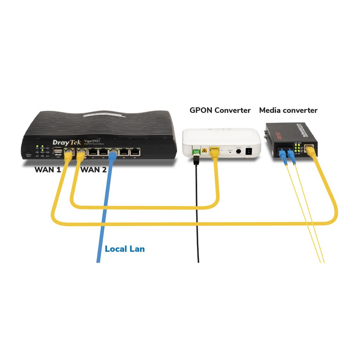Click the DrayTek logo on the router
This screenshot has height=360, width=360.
coord(66,142)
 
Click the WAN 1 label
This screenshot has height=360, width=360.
coord(47,170)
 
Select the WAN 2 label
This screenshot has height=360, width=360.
coord(94,170)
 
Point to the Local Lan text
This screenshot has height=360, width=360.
coord(125,249)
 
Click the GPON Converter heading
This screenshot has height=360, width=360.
coord(220,110)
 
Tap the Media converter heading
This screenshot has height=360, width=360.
coord(288,110)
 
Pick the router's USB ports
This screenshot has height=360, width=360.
coord(58,152)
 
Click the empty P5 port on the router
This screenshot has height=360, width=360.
coord(135,152)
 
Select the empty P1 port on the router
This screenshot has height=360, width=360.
coord(93,152)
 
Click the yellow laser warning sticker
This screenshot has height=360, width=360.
coord(204,150)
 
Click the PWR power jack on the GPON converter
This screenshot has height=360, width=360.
coord(249,151)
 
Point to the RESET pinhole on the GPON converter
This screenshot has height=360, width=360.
coord(230,153)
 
